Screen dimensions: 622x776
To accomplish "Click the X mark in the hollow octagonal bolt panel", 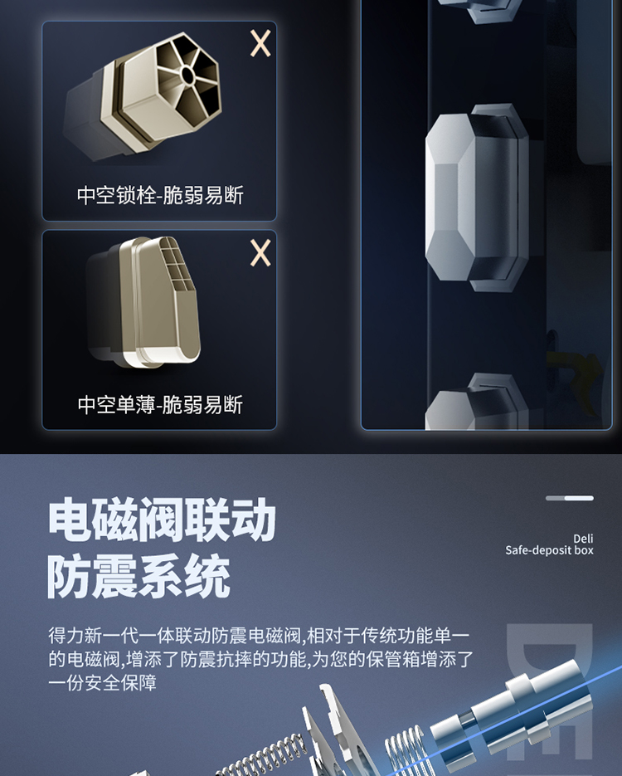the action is pos(260,43).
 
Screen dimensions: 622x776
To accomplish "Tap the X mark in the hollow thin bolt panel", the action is pos(260,253).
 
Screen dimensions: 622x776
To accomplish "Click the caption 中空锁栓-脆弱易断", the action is pos(160,196).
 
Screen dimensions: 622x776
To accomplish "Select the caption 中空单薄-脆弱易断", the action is pos(160,405).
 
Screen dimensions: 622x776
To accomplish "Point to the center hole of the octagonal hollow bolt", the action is pos(188,76).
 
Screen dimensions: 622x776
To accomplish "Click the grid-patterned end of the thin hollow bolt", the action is pos(176,270).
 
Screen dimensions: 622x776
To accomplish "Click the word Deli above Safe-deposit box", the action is pos(583,539).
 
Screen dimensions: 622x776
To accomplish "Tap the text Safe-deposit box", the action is pos(549,550).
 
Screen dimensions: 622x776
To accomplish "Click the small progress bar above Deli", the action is pos(570,498).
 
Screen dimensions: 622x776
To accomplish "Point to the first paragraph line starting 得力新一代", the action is pos(259,636).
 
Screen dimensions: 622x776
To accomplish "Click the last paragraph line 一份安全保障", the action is pos(102,683).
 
